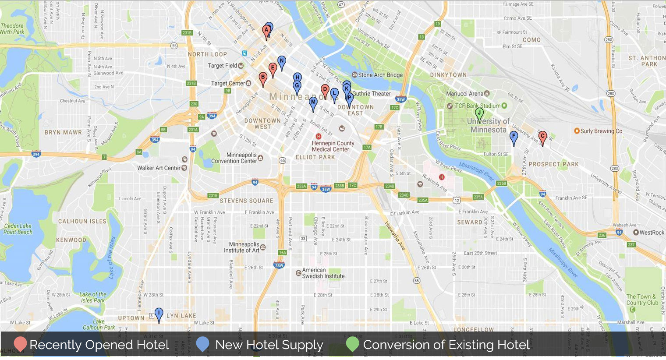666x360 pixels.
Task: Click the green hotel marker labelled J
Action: pyautogui.click(x=479, y=113)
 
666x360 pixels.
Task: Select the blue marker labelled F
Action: pyautogui.click(x=514, y=137)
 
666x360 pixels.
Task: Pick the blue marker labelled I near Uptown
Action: pyautogui.click(x=159, y=314)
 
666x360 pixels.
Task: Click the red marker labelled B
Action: pyautogui.click(x=263, y=78)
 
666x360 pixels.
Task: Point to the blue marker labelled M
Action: pyautogui.click(x=313, y=102)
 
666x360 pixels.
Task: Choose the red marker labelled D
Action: pyautogui.click(x=325, y=90)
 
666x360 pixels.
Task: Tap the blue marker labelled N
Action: pyautogui.click(x=282, y=61)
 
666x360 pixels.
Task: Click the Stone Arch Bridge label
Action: pyautogui.click(x=380, y=75)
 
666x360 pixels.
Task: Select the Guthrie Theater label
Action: pyautogui.click(x=371, y=94)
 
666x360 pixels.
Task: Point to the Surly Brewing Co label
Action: pyautogui.click(x=601, y=131)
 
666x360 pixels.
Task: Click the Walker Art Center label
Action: pyautogui.click(x=159, y=168)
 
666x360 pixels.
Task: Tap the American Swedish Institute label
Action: pyautogui.click(x=323, y=273)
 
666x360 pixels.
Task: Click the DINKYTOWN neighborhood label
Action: pyautogui.click(x=448, y=75)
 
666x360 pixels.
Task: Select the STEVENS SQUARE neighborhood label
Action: pyautogui.click(x=246, y=201)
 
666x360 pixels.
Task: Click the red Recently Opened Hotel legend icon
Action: pyautogui.click(x=20, y=344)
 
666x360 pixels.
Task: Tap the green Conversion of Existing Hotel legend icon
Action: pyautogui.click(x=352, y=344)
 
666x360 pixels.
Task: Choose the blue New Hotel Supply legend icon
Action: pyautogui.click(x=202, y=344)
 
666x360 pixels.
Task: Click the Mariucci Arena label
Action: pyautogui.click(x=464, y=94)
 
